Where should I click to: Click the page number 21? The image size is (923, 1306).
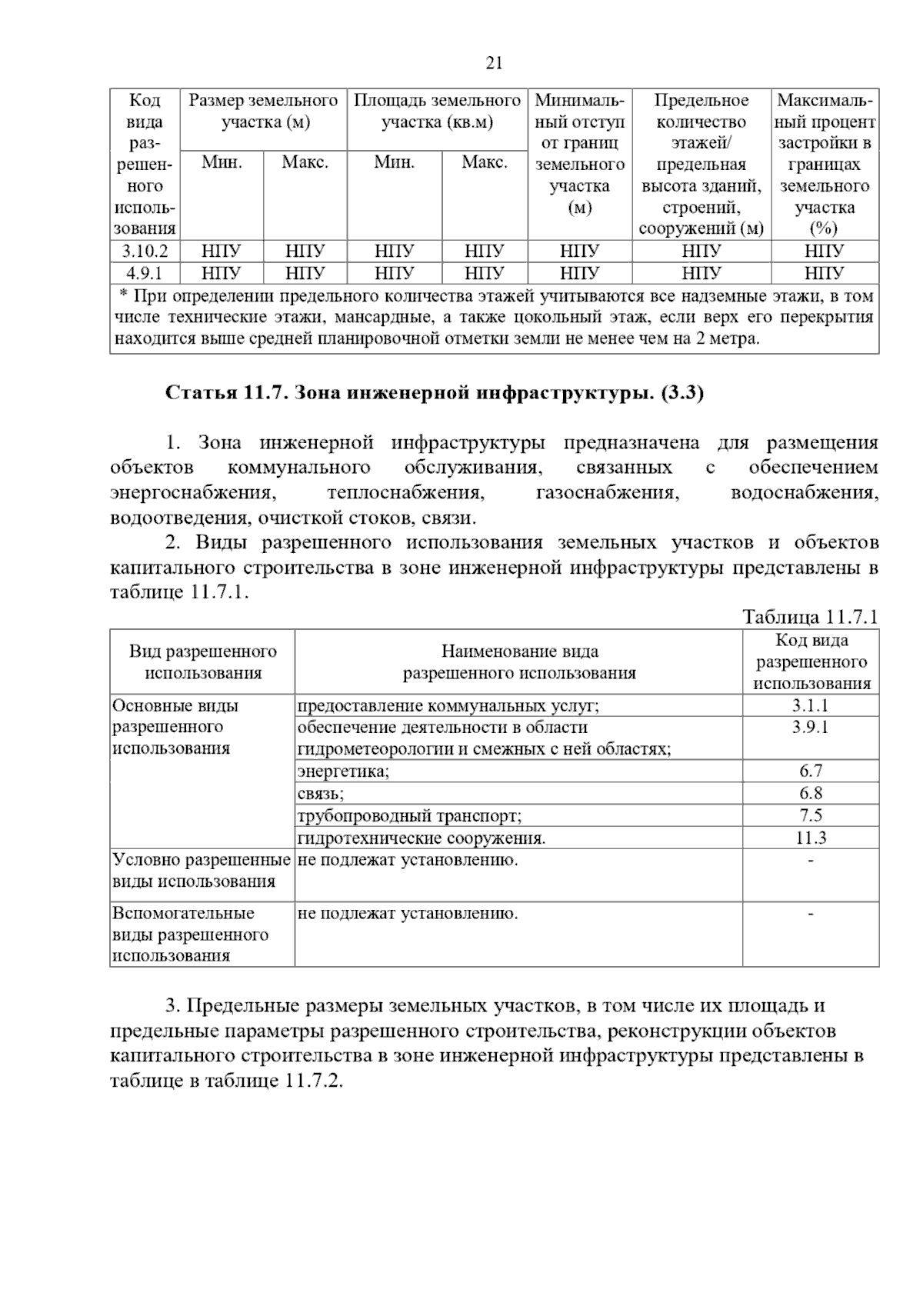pyautogui.click(x=495, y=63)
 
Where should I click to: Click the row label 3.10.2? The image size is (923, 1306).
pyautogui.click(x=145, y=251)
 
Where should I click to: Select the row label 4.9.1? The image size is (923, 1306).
pyautogui.click(x=145, y=273)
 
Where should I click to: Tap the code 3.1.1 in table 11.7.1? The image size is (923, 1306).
pyautogui.click(x=811, y=705)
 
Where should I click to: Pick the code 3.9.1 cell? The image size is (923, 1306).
pyautogui.click(x=811, y=727)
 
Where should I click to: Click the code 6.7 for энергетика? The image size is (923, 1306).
pyautogui.click(x=811, y=771)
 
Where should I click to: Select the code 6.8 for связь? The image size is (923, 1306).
pyautogui.click(x=811, y=793)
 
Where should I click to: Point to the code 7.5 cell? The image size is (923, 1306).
pyautogui.click(x=811, y=815)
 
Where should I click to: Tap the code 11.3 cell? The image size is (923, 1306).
pyautogui.click(x=811, y=838)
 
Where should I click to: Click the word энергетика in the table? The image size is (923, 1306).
pyautogui.click(x=343, y=771)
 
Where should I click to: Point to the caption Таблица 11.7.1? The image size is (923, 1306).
pyautogui.click(x=810, y=617)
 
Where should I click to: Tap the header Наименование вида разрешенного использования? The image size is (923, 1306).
pyautogui.click(x=519, y=662)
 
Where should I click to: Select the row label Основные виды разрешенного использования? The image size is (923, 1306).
pyautogui.click(x=175, y=727)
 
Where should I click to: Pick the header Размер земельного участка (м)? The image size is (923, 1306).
pyautogui.click(x=263, y=112)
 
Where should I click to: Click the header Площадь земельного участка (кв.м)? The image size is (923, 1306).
pyautogui.click(x=437, y=112)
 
